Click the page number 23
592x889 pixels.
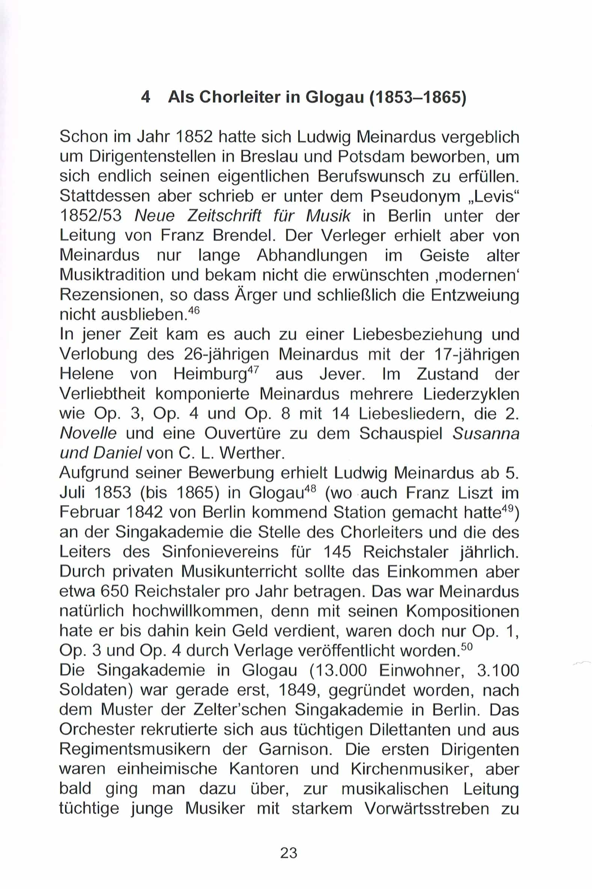click(289, 853)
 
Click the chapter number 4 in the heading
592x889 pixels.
click(145, 97)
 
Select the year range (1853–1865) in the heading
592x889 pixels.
click(418, 97)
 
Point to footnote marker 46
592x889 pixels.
click(193, 311)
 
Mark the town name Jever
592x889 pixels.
click(342, 374)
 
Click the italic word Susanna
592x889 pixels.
click(486, 433)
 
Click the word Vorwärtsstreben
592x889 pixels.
click(427, 809)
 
